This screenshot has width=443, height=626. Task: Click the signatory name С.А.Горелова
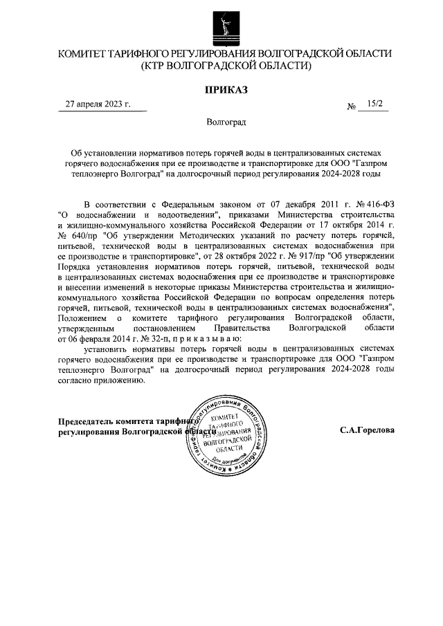[x=368, y=430]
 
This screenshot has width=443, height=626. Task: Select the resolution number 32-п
[x=148, y=338]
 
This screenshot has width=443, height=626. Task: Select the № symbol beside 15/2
[x=352, y=107]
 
